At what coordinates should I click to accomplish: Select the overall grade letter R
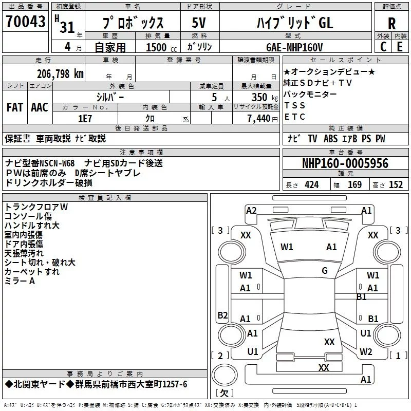point(391,24)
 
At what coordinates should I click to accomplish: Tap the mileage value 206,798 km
point(60,73)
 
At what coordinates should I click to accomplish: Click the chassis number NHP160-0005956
point(345,164)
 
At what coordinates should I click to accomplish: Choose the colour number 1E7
point(85,118)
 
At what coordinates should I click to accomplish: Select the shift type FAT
point(15,107)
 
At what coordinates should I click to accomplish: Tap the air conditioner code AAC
point(40,107)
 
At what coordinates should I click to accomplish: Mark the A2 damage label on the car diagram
point(251,210)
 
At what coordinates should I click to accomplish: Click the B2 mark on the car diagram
point(222,315)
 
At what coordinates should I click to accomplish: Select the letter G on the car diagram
point(325,271)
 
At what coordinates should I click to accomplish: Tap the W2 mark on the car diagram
point(366,352)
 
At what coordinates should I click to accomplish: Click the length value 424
point(311,185)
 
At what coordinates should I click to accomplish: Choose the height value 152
point(396,185)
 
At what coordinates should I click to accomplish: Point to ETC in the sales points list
point(295,117)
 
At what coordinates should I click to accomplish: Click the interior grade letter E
point(400,47)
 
